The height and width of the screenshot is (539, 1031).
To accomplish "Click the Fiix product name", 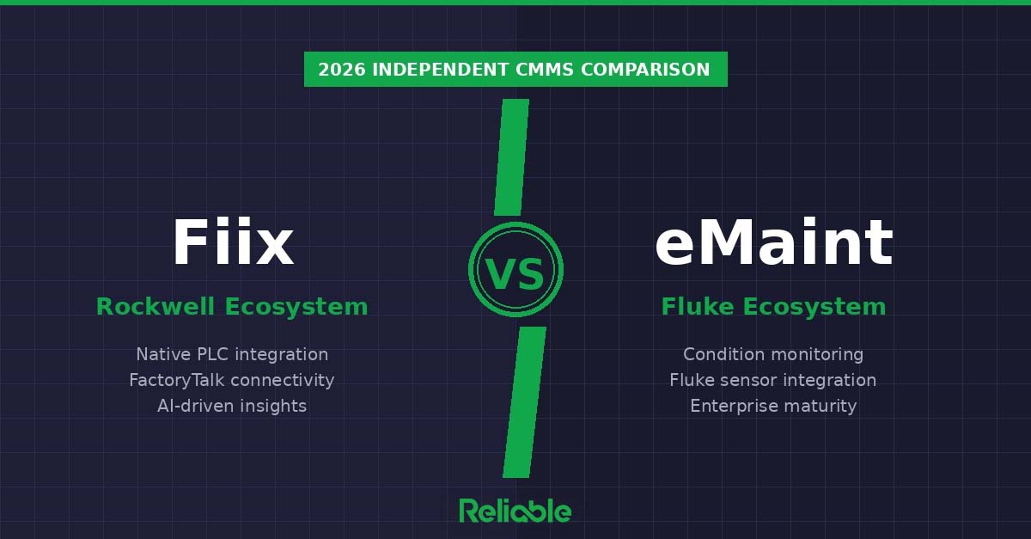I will (232, 244).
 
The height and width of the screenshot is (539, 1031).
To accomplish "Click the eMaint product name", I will (773, 244).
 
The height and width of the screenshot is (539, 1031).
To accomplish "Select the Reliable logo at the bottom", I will (515, 510).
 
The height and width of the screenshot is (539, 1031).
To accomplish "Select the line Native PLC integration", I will (232, 354).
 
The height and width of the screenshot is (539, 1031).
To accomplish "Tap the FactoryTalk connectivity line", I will (232, 380).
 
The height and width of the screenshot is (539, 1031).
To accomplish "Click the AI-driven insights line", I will (232, 406).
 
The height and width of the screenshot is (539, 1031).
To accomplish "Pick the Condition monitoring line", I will (773, 354).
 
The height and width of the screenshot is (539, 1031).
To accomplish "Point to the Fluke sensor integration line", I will (773, 380).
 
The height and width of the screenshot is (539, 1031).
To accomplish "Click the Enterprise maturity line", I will (773, 406).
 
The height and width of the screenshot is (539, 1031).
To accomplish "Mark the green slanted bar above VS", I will (512, 156).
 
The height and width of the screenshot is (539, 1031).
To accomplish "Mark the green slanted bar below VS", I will (524, 401).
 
